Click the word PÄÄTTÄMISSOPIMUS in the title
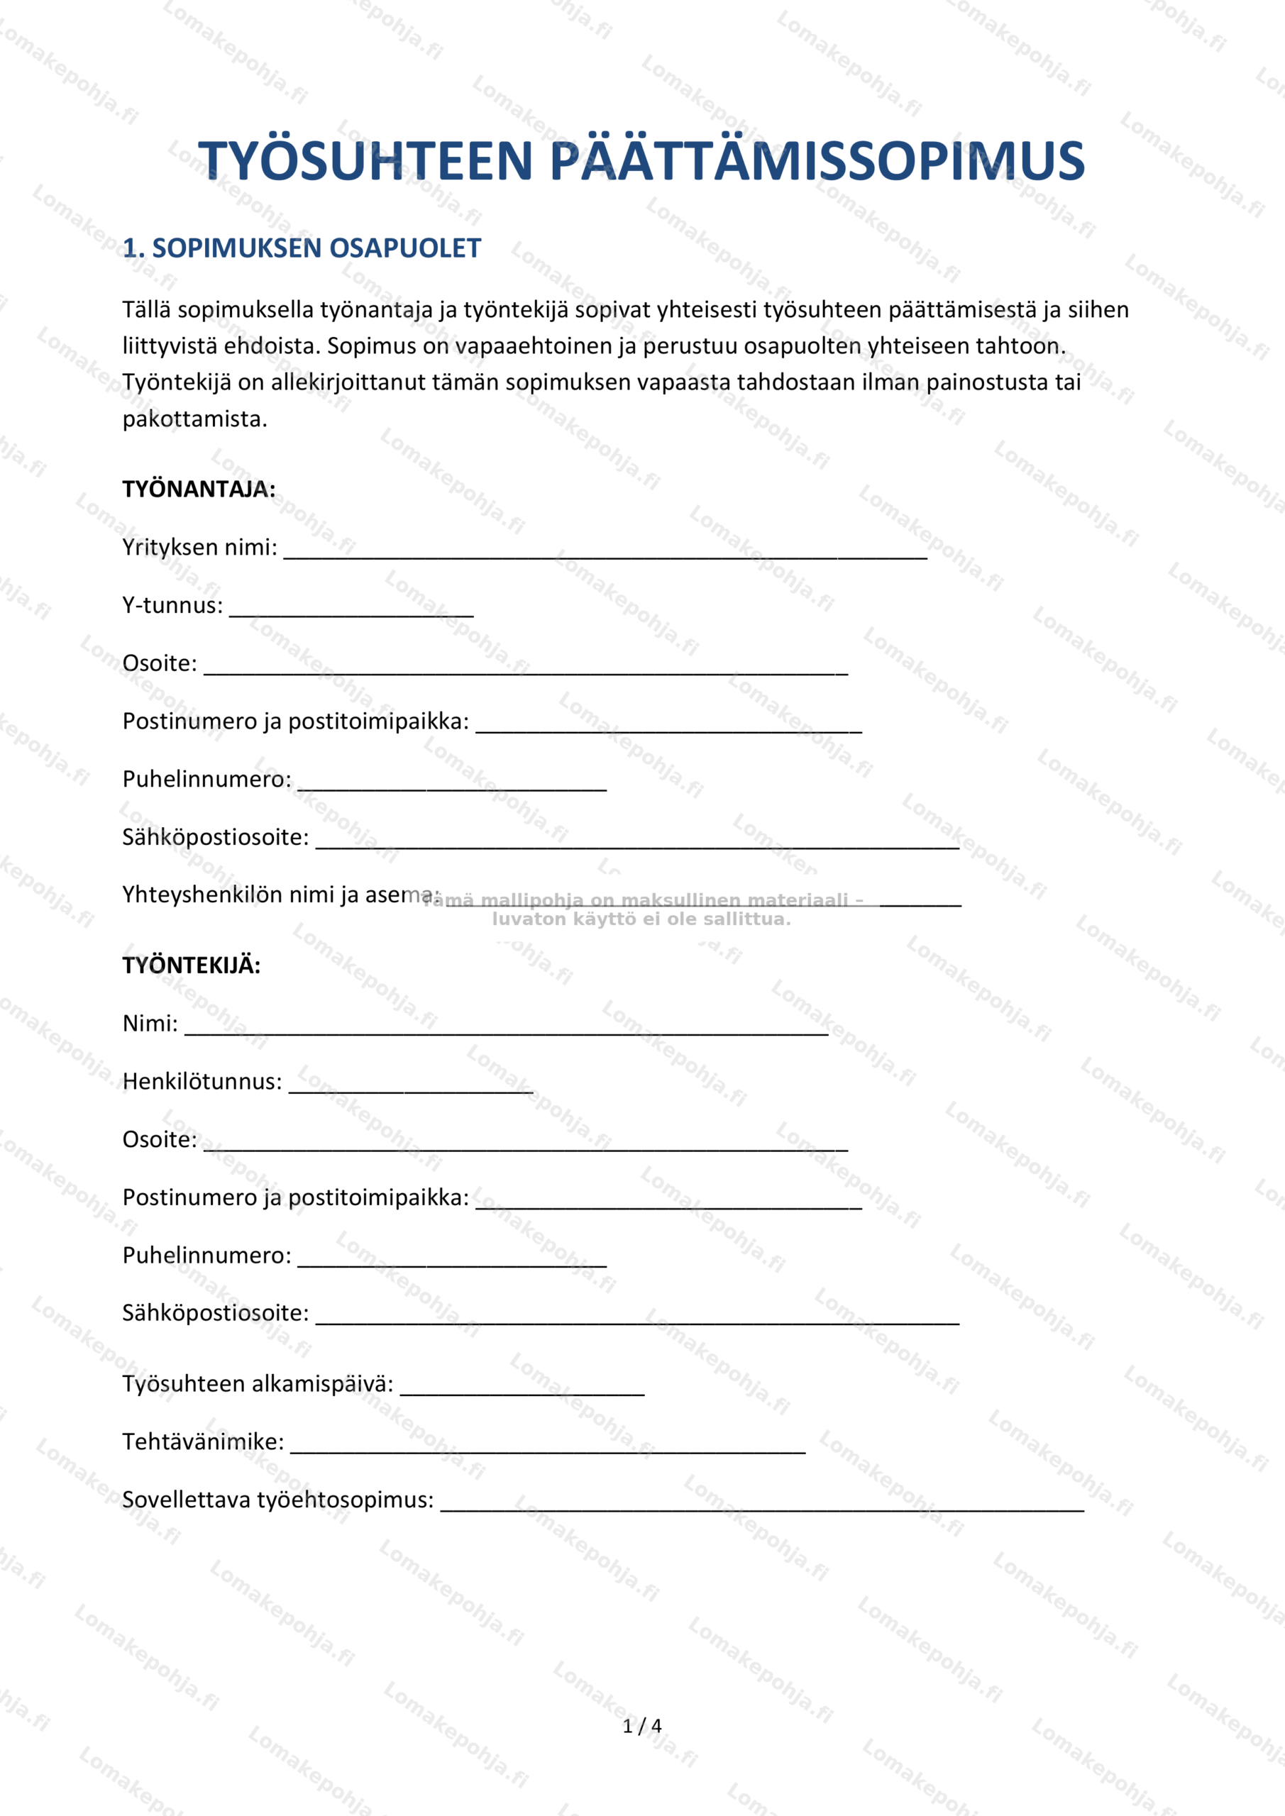click(x=816, y=161)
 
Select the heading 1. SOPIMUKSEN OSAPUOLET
click(x=302, y=248)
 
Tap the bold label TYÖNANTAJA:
click(x=199, y=489)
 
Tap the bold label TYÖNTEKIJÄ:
click(x=191, y=965)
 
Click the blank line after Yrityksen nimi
click(x=605, y=551)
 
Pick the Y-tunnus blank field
click(x=351, y=609)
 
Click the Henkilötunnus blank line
click(x=411, y=1085)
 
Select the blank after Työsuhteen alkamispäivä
click(x=522, y=1388)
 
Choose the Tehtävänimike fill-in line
click(x=548, y=1446)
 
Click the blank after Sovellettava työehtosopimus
click(x=762, y=1504)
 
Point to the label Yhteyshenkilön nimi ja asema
click(x=280, y=895)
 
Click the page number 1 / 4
click(x=641, y=1727)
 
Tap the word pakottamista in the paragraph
click(x=194, y=419)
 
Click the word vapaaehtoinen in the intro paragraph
click(x=529, y=346)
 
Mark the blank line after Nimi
click(x=507, y=1027)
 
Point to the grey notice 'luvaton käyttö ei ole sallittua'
click(x=641, y=919)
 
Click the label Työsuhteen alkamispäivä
click(x=257, y=1384)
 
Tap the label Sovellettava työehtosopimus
click(x=277, y=1500)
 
